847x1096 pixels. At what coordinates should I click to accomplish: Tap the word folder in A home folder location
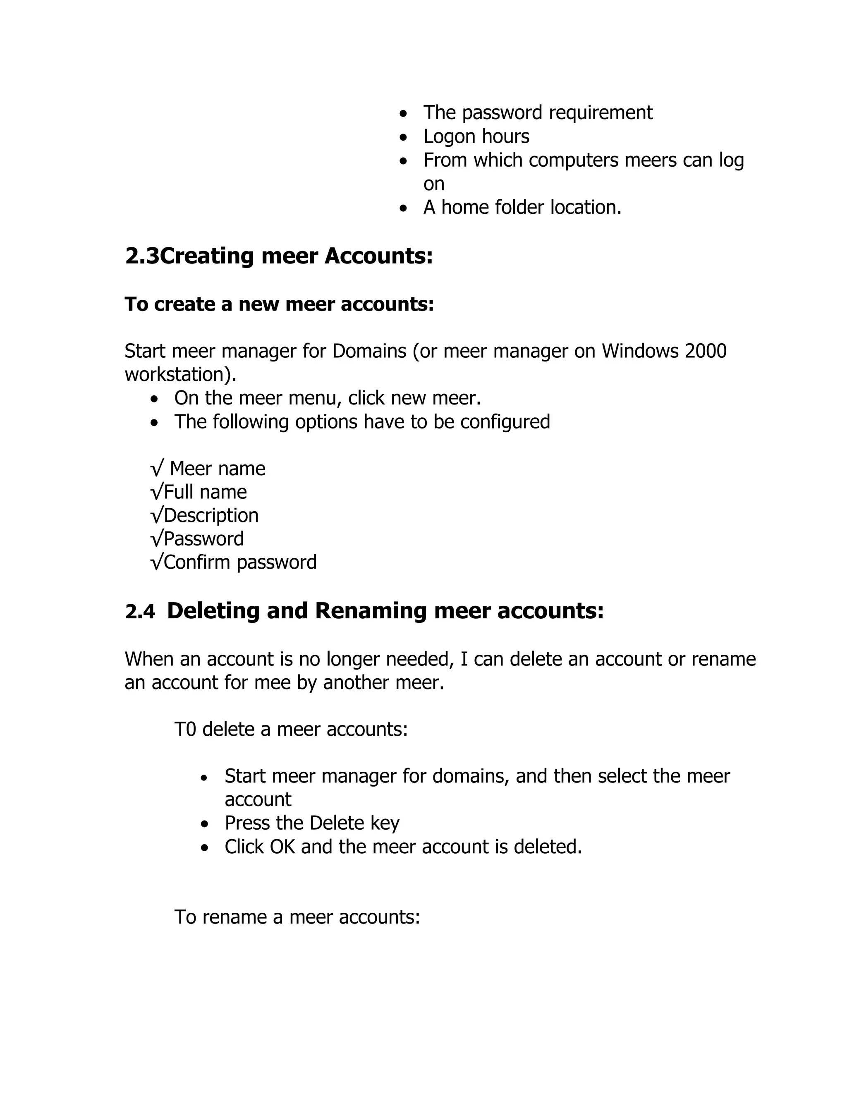point(519,208)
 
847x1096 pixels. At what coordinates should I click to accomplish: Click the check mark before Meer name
point(157,469)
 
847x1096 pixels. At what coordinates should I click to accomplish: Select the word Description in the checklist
point(211,516)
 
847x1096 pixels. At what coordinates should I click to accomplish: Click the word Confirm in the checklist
point(198,562)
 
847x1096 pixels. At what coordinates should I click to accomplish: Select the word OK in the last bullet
point(282,847)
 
